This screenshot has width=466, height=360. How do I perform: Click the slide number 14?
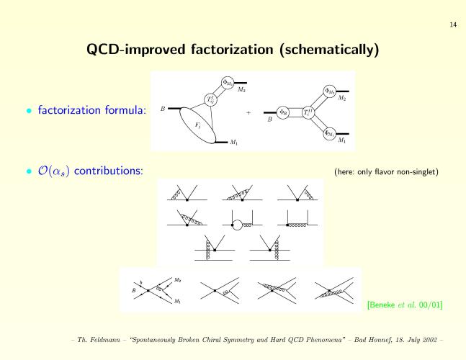pos(453,24)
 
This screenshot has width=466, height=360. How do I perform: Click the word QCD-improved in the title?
pos(136,50)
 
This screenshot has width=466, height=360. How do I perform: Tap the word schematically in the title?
pos(329,50)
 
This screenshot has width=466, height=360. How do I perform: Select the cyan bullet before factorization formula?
pos(29,111)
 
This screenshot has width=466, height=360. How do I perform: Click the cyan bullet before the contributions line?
pos(29,171)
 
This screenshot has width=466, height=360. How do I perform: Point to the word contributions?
pos(109,171)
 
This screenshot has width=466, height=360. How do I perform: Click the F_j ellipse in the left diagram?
pos(198,125)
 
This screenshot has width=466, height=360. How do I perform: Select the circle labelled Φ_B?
pos(282,112)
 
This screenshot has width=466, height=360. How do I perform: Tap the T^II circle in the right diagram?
pos(308,112)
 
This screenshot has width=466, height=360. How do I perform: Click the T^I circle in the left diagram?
pos(210,100)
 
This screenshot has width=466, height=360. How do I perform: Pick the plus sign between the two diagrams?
pos(248,112)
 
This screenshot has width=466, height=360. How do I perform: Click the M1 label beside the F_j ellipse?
pos(234,143)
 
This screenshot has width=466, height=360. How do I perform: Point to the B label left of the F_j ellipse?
pos(163,109)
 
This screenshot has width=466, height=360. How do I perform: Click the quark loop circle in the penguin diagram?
pos(237,225)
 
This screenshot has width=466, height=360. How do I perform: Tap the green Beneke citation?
pos(405,305)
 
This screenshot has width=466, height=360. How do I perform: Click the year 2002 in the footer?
pos(430,340)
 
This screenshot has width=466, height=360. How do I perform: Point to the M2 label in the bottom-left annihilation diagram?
pos(177,280)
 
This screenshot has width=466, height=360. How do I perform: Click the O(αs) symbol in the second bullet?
pos(53,171)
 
